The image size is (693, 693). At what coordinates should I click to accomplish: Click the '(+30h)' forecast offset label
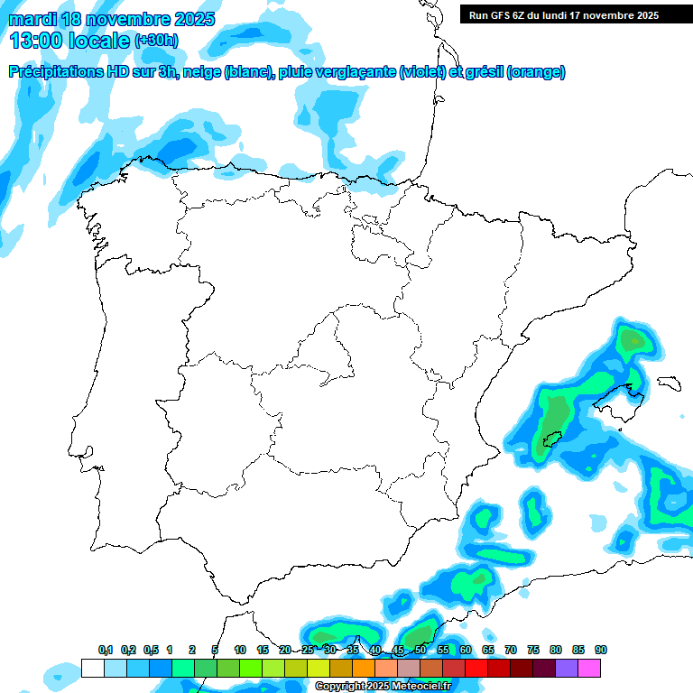[x=155, y=41]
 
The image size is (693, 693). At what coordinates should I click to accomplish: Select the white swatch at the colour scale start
[x=92, y=668]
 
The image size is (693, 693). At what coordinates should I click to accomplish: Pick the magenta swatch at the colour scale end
[x=589, y=668]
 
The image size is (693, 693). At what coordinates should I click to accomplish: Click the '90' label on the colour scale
[x=601, y=651]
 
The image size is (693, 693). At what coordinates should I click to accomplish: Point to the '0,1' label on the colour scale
[x=106, y=651]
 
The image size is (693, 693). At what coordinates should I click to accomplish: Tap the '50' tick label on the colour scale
[x=420, y=651]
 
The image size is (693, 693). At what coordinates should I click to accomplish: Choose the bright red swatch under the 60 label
[x=476, y=668]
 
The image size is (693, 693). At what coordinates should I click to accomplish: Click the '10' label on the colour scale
[x=240, y=651]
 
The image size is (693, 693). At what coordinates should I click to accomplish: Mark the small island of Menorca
[x=669, y=383]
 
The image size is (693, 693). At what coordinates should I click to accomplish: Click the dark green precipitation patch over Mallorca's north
[x=634, y=340]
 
